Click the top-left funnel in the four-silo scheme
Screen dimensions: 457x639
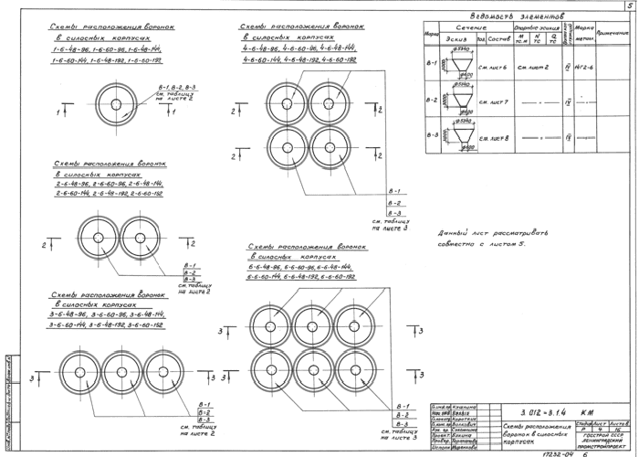tap(287, 102)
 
